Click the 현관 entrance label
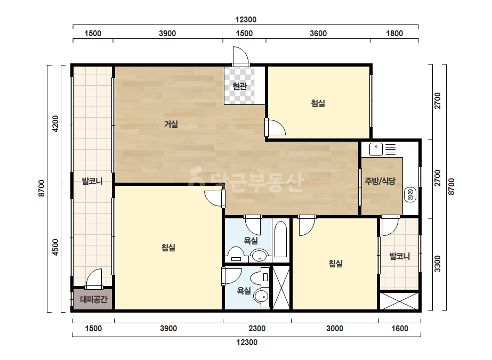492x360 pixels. [239, 86]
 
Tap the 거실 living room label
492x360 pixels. [171, 124]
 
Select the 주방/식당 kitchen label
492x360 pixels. [380, 181]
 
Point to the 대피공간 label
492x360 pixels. [93, 299]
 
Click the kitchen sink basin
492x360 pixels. [376, 149]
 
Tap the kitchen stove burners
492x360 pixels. [410, 194]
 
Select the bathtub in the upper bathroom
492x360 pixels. [280, 239]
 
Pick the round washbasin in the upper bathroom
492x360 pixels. [260, 256]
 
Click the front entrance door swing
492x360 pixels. [241, 56]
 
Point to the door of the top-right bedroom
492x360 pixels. [275, 127]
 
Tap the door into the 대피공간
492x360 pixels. [94, 279]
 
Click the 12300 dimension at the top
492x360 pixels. [246, 20]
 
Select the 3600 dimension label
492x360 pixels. [318, 34]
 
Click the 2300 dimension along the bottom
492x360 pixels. [257, 329]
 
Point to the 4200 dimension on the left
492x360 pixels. [55, 124]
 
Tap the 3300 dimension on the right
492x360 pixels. [438, 264]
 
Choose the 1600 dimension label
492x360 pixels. [400, 329]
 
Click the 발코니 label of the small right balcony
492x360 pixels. [399, 257]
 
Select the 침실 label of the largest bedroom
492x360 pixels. [168, 248]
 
